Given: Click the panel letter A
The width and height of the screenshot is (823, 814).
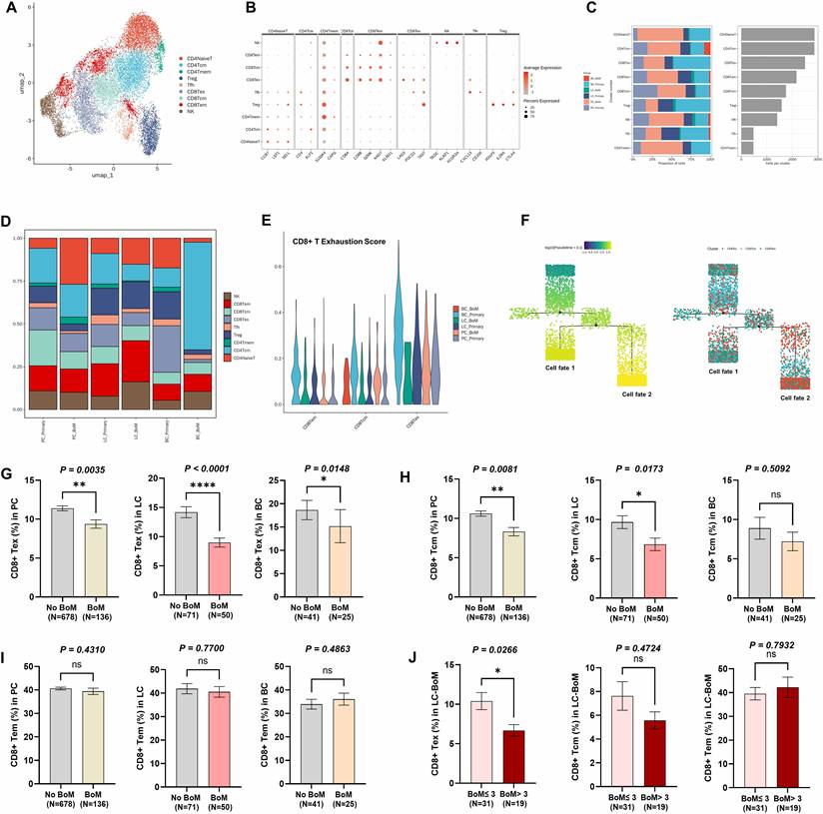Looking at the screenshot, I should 11,13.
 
